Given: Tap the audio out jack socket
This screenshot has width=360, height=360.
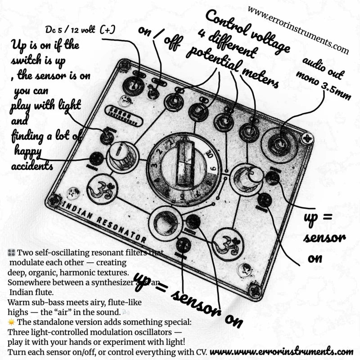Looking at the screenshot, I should coord(279,144).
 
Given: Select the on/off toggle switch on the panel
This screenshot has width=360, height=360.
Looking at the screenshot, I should coord(154,92).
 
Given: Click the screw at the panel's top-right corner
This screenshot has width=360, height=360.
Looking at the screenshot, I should coord(308,138).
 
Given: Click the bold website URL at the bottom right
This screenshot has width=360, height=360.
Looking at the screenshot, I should coord(281,351).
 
